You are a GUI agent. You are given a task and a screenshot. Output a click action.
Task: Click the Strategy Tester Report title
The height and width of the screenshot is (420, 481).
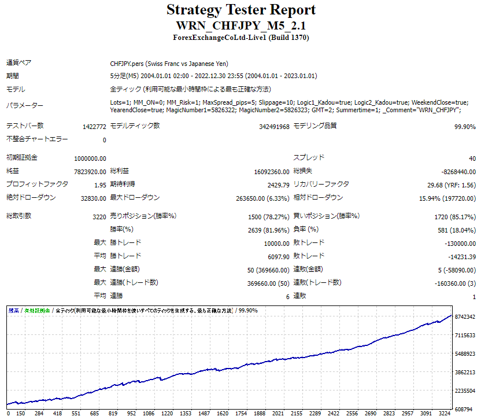(x=240, y=10)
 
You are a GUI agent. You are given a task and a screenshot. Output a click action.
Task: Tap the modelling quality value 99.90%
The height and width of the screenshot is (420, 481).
(x=465, y=127)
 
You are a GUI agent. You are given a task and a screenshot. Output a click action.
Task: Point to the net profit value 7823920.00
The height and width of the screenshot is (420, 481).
(x=90, y=172)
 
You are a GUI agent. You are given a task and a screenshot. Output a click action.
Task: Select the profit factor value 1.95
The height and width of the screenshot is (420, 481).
(x=99, y=185)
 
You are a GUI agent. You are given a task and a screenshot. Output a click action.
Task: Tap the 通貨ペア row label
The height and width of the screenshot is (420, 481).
(x=18, y=62)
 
